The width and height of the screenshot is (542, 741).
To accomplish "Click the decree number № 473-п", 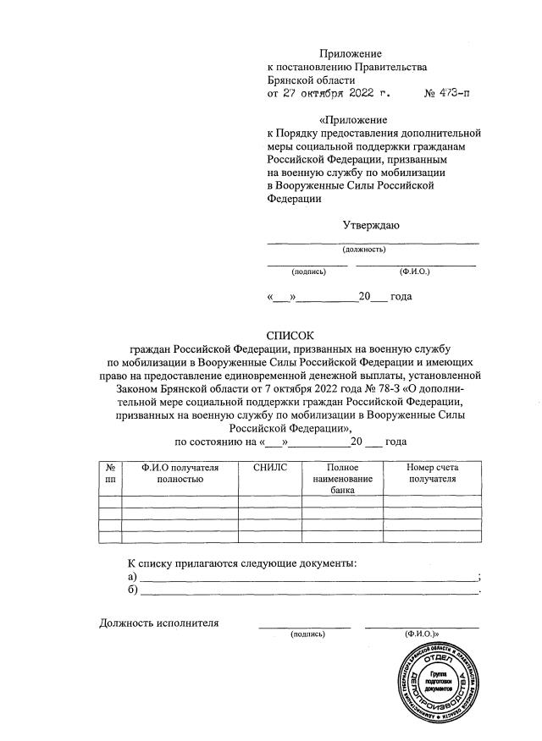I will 446,94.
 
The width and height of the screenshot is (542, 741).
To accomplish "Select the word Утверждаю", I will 371,225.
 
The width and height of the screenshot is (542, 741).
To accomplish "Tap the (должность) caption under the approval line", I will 364,250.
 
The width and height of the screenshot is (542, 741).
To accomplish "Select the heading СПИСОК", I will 290,335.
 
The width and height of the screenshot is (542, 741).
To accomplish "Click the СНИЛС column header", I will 270,468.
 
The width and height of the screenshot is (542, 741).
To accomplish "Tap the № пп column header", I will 110,473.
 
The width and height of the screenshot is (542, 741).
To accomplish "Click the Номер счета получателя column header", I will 432,473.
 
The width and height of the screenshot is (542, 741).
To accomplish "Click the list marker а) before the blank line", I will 131,576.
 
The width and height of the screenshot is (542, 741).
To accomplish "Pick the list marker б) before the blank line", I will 131,590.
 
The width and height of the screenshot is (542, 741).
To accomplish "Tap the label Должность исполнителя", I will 158,623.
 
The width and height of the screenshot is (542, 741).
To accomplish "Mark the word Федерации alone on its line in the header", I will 294,199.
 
